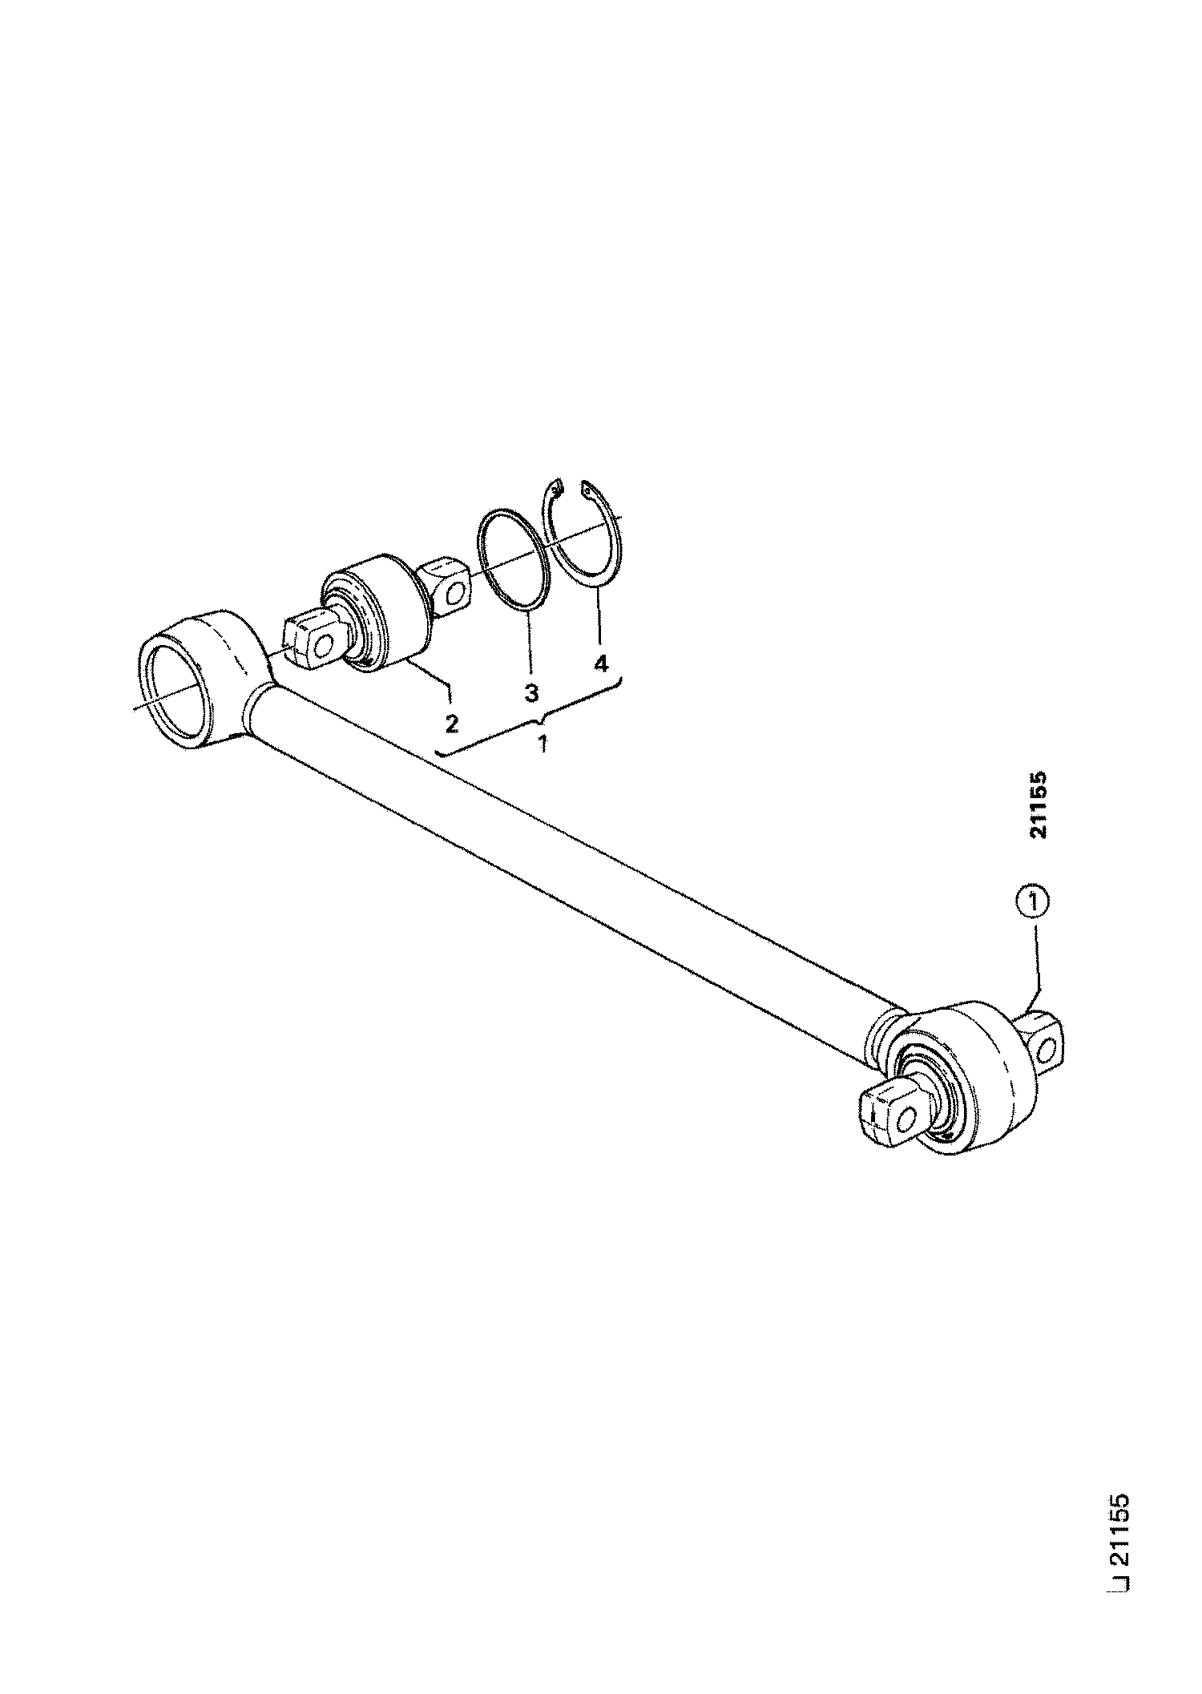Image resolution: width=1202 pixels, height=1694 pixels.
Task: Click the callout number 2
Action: pyautogui.click(x=451, y=724)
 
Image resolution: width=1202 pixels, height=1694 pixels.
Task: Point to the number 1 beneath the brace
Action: pyautogui.click(x=543, y=744)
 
